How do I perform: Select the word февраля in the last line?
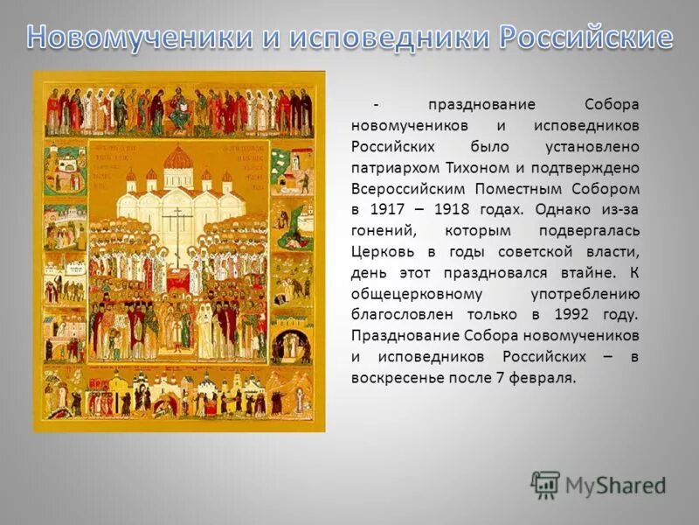[546, 377]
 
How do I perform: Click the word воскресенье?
[394, 377]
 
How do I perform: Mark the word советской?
[531, 251]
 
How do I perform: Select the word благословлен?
[399, 314]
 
